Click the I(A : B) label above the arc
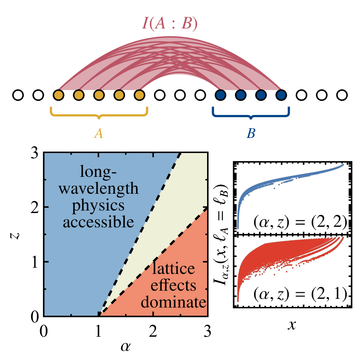pyautogui.click(x=170, y=24)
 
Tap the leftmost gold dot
pyautogui.click(x=59, y=95)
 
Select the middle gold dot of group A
pyautogui.click(x=99, y=95)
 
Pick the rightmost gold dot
pyautogui.click(x=140, y=95)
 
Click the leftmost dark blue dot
pyautogui.click(x=220, y=95)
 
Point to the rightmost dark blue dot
pyautogui.click(x=281, y=95)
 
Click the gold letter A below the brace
pyautogui.click(x=99, y=133)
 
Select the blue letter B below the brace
pyautogui.click(x=251, y=133)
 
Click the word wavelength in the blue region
pyautogui.click(x=98, y=189)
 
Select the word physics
pyautogui.click(x=98, y=206)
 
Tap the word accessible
pyautogui.click(x=98, y=222)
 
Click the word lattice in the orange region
pyautogui.click(x=173, y=269)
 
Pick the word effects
pyautogui.click(x=173, y=285)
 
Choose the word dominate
pyautogui.click(x=173, y=302)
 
